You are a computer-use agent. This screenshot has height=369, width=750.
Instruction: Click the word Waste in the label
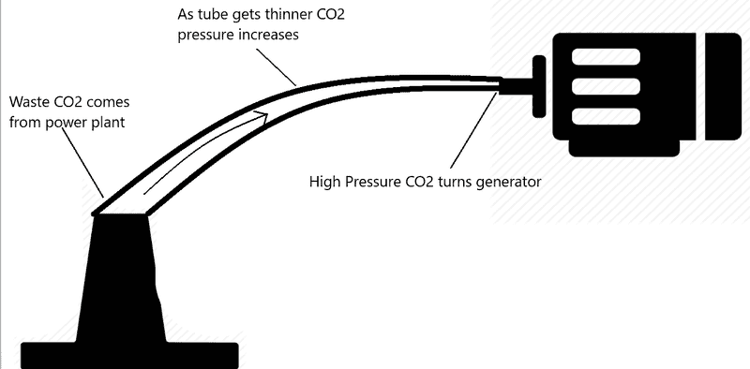click(28, 102)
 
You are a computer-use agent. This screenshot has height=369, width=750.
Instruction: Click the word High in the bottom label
click(324, 182)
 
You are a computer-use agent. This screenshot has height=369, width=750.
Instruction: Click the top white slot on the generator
click(606, 57)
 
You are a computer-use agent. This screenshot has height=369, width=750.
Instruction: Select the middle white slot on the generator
click(606, 86)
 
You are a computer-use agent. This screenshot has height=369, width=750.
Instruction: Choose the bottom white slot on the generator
click(606, 116)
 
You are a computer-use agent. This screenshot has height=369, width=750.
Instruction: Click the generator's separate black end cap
click(724, 86)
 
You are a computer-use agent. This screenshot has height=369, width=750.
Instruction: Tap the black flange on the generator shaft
click(539, 86)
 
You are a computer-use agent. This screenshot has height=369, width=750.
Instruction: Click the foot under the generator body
click(624, 148)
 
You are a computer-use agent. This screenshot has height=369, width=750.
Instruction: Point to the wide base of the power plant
click(129, 356)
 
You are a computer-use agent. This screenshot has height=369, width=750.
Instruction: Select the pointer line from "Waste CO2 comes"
click(82, 161)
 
